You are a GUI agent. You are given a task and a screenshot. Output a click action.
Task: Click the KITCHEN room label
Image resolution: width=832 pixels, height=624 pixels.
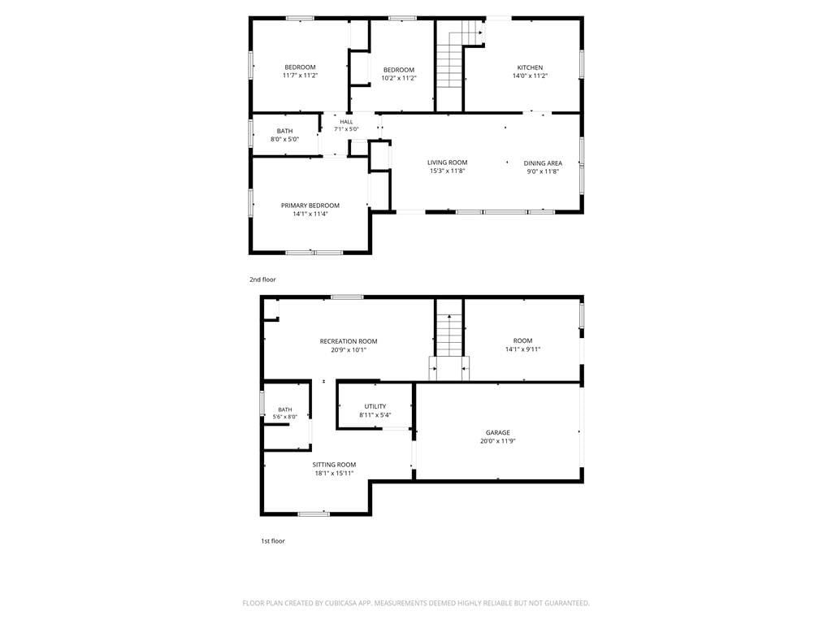click(530, 67)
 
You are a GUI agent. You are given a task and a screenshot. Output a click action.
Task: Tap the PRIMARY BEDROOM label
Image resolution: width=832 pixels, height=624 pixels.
click(310, 206)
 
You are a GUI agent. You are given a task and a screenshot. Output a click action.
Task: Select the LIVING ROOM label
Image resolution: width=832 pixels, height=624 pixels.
click(448, 162)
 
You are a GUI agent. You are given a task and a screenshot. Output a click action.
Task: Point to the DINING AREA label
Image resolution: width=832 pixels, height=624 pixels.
click(543, 162)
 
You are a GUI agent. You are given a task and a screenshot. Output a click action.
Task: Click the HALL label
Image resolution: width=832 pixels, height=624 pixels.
click(346, 122)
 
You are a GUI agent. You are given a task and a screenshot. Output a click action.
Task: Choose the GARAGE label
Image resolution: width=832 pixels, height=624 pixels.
click(498, 432)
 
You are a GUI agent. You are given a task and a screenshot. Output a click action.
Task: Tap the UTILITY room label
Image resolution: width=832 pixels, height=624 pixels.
click(375, 406)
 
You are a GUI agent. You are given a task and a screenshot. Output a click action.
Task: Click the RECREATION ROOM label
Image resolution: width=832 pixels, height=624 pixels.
click(349, 341)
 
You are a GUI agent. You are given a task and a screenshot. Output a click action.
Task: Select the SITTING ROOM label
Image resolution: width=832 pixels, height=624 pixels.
click(334, 465)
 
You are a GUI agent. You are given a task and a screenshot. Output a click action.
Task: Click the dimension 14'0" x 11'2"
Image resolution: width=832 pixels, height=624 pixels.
click(530, 76)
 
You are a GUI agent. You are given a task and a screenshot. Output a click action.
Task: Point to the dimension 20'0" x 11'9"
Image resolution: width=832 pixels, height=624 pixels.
click(498, 441)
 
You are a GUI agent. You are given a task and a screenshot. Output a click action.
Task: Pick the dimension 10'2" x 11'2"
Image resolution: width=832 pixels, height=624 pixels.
click(399, 78)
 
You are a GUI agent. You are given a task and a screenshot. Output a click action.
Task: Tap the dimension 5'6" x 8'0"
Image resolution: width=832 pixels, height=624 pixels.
click(285, 417)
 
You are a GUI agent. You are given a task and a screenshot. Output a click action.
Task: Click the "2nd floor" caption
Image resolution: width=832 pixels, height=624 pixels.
click(262, 279)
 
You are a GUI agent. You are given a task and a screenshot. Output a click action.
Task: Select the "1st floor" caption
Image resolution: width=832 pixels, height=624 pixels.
click(273, 541)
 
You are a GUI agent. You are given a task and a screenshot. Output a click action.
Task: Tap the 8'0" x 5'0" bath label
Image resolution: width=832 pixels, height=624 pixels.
click(285, 136)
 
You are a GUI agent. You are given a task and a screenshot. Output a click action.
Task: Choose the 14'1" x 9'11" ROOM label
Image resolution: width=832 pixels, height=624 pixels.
click(522, 344)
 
